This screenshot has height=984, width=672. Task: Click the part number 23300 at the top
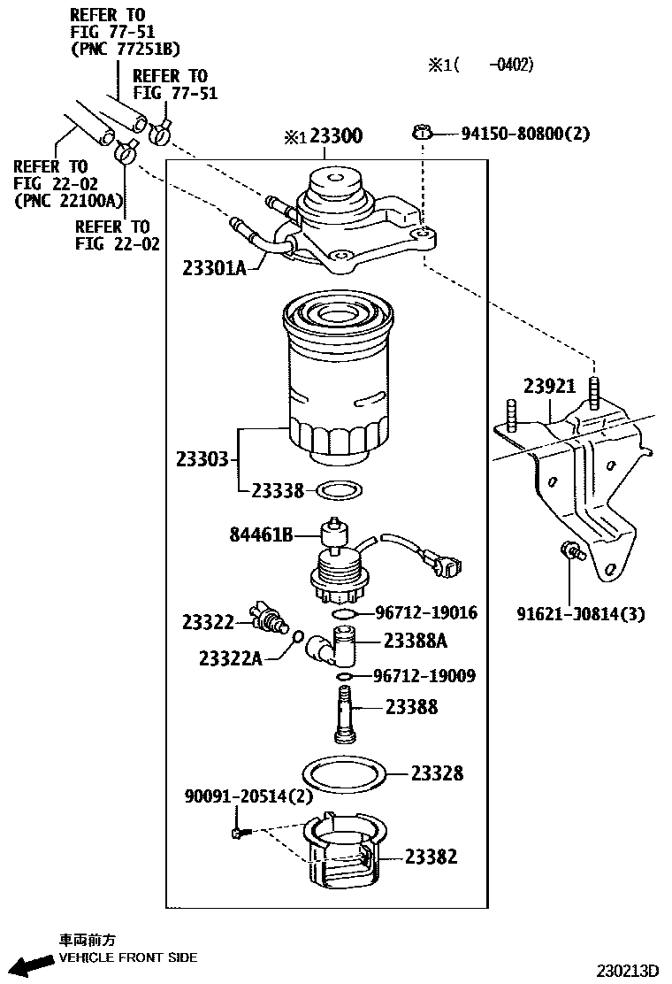[337, 137]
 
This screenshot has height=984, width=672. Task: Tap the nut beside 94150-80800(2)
[423, 133]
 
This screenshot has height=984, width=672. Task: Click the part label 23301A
[216, 266]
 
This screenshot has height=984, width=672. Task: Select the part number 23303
[202, 459]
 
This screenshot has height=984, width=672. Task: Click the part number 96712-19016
[426, 612]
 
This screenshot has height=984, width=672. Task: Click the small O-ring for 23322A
[299, 636]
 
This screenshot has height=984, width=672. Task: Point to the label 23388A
[416, 641]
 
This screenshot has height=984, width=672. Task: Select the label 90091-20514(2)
[248, 796]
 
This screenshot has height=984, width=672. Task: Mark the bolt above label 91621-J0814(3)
[570, 553]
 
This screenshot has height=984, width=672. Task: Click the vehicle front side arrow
[28, 965]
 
